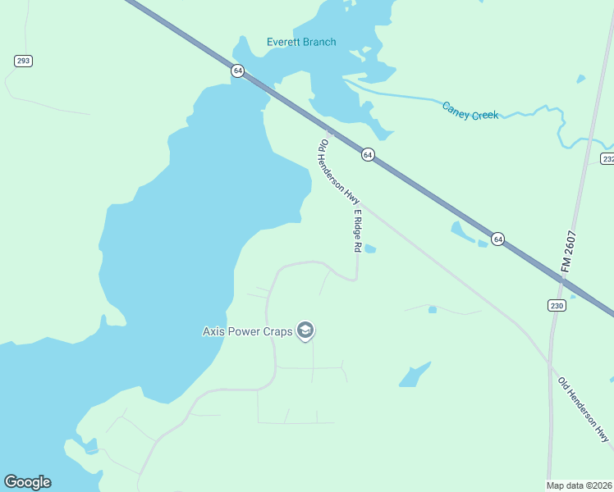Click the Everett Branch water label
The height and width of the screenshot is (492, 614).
point(301,42)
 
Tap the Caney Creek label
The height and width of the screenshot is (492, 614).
point(470,111)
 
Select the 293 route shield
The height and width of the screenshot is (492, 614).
point(23,61)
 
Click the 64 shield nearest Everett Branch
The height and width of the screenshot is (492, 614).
point(238,71)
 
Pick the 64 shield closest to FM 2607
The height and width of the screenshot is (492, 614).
point(497,239)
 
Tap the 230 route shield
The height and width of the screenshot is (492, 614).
point(557,305)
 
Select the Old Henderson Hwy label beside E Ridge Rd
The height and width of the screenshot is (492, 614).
point(339,172)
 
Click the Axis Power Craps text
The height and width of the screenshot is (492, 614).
point(248,331)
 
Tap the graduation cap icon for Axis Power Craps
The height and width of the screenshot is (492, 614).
point(305,330)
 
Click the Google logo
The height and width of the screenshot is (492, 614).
point(27,482)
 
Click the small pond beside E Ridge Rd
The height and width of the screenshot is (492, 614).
point(369,248)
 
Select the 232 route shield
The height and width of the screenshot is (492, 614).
point(607,158)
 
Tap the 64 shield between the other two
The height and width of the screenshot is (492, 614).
point(368,154)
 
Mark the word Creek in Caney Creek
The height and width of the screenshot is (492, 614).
point(484,115)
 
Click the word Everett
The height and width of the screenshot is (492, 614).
point(285,42)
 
